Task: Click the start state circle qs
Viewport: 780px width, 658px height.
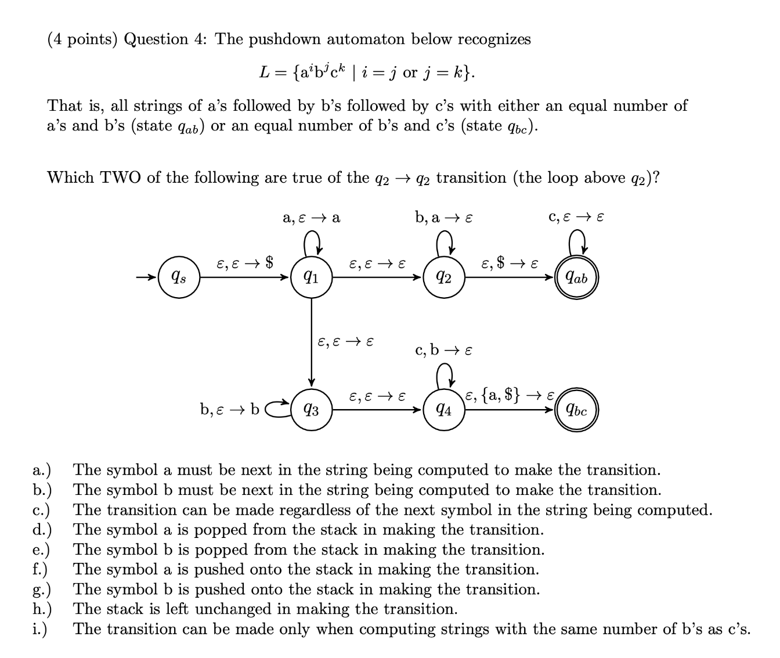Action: pos(179,277)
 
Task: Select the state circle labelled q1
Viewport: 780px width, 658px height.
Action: pos(312,277)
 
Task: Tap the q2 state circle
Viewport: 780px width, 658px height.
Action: pos(445,277)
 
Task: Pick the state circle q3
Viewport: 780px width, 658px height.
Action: pos(312,411)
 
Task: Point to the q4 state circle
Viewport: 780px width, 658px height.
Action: pos(445,411)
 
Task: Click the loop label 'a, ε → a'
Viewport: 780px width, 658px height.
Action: pos(311,218)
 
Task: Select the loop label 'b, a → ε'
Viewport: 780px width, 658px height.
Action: pos(444,218)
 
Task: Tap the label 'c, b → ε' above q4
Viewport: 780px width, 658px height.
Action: pos(444,350)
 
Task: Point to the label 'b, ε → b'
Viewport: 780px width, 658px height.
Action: pos(230,410)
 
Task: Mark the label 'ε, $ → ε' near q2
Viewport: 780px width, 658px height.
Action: pos(510,265)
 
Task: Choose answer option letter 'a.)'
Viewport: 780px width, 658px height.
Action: pos(42,470)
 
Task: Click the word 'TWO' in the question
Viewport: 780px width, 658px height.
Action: pos(121,178)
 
